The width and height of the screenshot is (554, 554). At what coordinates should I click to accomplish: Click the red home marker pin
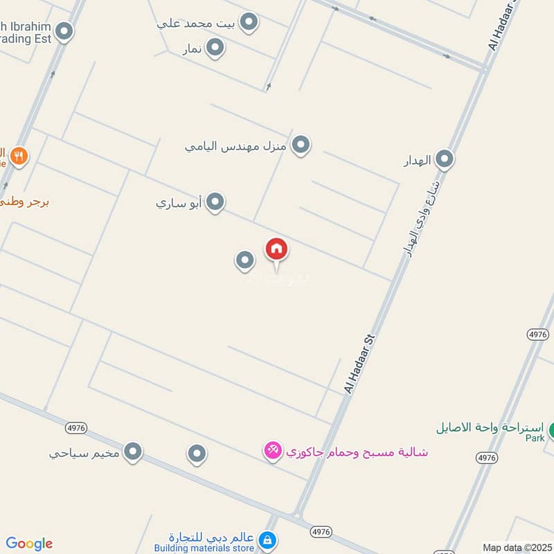pyautogui.click(x=276, y=249)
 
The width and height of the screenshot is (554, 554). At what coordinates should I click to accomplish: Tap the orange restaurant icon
pyautogui.click(x=19, y=156)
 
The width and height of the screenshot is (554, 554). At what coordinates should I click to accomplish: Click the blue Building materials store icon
pyautogui.click(x=267, y=539)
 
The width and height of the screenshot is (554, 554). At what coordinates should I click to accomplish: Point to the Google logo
pyautogui.click(x=29, y=544)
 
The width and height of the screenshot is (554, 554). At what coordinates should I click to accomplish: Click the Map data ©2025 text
pyautogui.click(x=515, y=547)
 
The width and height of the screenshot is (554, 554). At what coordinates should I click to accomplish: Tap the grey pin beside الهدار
pyautogui.click(x=445, y=160)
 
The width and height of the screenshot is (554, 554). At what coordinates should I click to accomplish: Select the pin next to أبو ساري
pyautogui.click(x=216, y=202)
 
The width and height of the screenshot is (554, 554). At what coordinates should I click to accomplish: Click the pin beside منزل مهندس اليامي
pyautogui.click(x=301, y=145)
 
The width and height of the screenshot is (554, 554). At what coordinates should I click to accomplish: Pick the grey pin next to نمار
pyautogui.click(x=216, y=47)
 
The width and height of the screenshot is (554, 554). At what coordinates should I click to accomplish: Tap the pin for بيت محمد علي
pyautogui.click(x=249, y=22)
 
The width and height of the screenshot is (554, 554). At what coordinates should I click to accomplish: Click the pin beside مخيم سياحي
pyautogui.click(x=133, y=453)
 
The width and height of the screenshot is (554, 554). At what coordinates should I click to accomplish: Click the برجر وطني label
pyautogui.click(x=24, y=202)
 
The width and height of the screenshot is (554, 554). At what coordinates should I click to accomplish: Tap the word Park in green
pyautogui.click(x=535, y=438)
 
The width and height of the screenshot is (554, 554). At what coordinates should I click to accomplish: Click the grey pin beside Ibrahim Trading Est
pyautogui.click(x=64, y=31)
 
